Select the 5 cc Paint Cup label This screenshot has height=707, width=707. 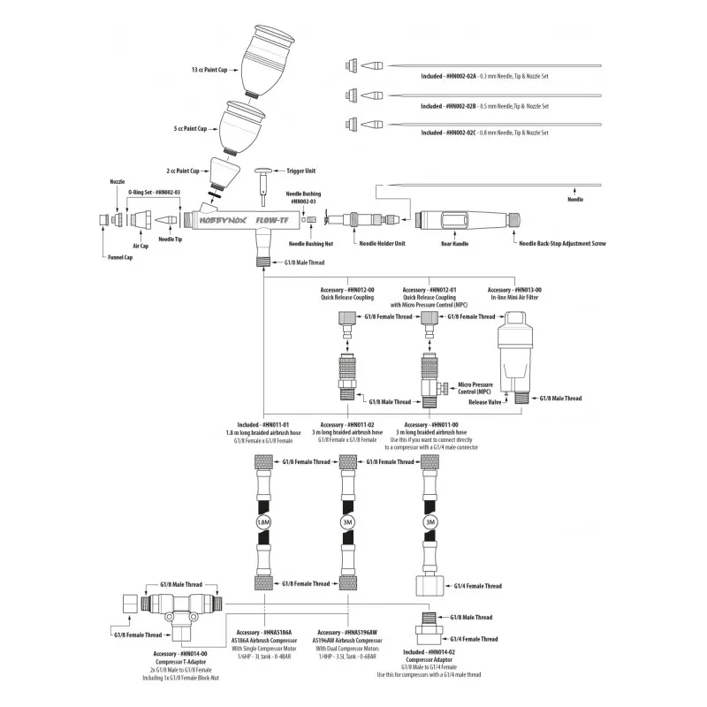click(190, 128)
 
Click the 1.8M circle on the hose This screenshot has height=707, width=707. click(263, 522)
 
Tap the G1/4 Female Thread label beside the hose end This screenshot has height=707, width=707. click(476, 586)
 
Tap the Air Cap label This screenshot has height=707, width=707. click(141, 247)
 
